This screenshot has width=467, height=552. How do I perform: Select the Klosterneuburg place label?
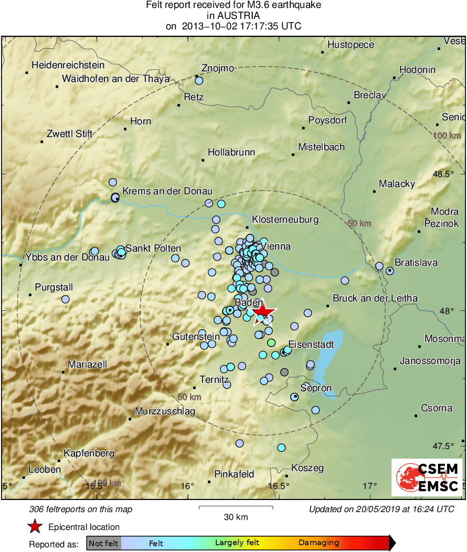tap(285, 220)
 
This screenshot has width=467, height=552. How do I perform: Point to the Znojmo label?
tap(218, 68)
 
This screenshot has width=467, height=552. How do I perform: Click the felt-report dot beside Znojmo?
tap(199, 80)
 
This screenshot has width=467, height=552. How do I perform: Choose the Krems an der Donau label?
tap(167, 191)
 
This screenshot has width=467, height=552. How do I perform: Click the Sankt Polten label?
tap(153, 248)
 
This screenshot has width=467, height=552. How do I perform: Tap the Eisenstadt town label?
tap(311, 345)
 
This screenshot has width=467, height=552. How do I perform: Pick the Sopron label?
tap(316, 389)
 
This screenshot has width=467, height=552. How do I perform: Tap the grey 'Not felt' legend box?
tap(103, 543)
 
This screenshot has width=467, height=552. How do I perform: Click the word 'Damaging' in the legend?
tap(319, 543)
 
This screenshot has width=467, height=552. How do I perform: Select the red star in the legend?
tap(35, 527)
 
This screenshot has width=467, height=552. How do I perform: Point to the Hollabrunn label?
tap(231, 153)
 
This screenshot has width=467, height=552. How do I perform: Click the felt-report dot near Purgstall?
tap(66, 299)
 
